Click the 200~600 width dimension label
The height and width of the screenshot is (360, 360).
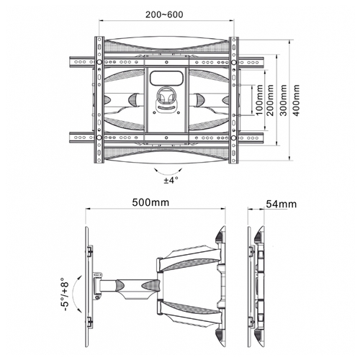coord(164,14)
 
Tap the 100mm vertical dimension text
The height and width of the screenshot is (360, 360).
coord(259,99)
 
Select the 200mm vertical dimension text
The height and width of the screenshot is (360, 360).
coord(270,100)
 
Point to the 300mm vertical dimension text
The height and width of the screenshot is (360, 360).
coord(284,100)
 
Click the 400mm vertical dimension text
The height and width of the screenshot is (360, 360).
coord(297,100)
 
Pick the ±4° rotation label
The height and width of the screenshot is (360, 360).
coord(171,180)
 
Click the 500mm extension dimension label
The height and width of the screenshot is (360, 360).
coord(150,202)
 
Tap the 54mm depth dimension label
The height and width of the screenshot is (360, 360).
coord(282,204)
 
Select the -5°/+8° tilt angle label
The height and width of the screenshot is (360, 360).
coord(64,294)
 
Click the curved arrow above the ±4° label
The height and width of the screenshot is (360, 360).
coord(168,174)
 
